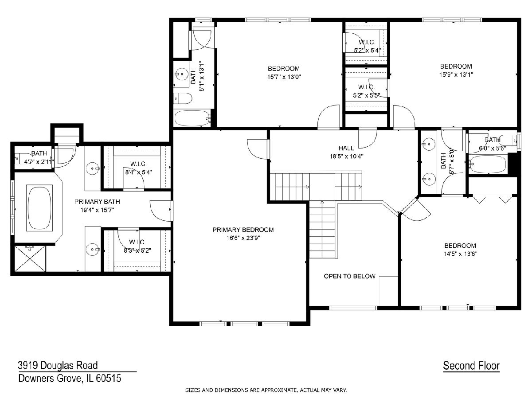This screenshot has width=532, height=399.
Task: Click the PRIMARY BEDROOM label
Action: pos(243,230)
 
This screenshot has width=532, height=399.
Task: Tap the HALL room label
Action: pos(346,148)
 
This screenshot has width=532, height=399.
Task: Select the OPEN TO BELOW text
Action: pos(349,276)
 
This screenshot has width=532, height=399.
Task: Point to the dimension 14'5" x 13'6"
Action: pos(460,254)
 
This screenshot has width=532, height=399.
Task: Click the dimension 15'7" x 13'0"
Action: pos(284,77)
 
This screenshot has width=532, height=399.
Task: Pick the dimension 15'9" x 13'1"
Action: pos(456,74)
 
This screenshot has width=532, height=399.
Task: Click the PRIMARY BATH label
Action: pos(97,202)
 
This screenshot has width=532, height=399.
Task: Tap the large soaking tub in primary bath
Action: pos(39,208)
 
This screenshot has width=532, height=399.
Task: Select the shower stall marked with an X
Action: pos(30,258)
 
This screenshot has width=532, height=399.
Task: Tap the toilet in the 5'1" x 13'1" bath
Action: pos(183,98)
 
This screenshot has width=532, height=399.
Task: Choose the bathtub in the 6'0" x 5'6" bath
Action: pos(488,164)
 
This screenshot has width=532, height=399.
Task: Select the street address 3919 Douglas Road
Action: pos(58,365)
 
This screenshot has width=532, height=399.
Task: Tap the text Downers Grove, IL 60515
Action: pos(70,378)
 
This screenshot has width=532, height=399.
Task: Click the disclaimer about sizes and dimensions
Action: pos(266,390)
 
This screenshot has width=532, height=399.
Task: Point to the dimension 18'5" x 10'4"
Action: pos(346,156)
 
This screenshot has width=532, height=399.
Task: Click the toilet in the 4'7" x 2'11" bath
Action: pos(20,159)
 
